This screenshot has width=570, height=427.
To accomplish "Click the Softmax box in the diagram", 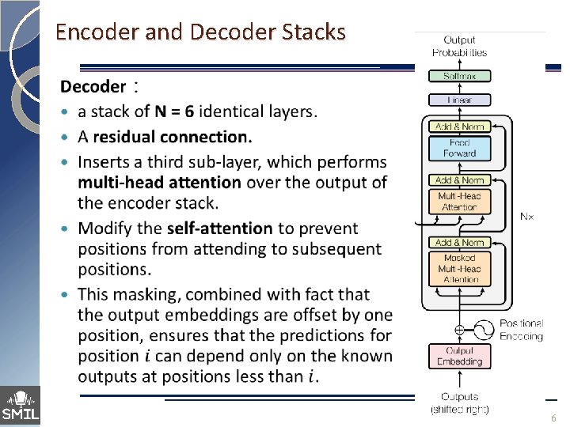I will click(460, 76).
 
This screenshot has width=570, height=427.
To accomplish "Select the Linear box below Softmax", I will click(460, 100).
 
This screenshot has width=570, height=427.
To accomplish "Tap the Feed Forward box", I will click(460, 148).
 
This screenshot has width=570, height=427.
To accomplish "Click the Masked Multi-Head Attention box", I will click(460, 268).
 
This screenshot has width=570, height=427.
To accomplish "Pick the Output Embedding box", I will click(460, 356).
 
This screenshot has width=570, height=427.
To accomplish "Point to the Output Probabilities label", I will click(460, 46).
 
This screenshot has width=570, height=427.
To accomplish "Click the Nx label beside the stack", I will click(526, 216).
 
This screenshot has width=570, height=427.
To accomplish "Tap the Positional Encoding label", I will click(521, 330).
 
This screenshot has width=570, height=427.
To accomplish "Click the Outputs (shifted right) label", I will click(460, 402).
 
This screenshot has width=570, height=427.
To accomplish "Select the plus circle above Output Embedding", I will click(460, 327).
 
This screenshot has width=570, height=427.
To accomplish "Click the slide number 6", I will click(553, 417).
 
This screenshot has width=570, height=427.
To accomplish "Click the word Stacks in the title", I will click(313, 32).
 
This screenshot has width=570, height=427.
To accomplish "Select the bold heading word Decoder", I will click(93, 86).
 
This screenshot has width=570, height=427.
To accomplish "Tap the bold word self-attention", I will click(219, 229).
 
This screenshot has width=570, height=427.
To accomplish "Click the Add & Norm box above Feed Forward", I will click(460, 127).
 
